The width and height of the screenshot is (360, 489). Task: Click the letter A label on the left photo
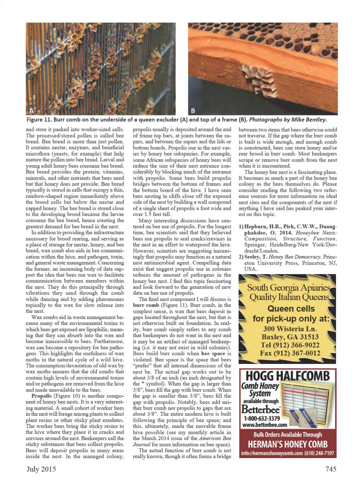[x=31, y=111]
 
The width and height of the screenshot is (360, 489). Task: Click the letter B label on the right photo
[x=193, y=111]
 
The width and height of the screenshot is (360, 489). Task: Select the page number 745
[x=330, y=469]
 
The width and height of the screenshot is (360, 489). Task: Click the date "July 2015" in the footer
[x=41, y=469]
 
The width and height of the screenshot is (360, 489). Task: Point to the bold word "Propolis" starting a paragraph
[x=41, y=396]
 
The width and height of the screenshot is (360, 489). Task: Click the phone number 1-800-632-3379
[x=262, y=418]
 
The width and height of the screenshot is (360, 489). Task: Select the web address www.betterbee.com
[x=262, y=425]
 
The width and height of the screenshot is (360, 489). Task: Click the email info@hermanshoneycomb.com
[x=272, y=453]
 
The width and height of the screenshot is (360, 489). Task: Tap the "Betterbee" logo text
[x=261, y=410]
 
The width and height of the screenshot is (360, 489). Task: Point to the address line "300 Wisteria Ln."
[x=290, y=329]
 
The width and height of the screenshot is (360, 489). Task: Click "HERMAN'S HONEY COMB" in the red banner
[x=288, y=444]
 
